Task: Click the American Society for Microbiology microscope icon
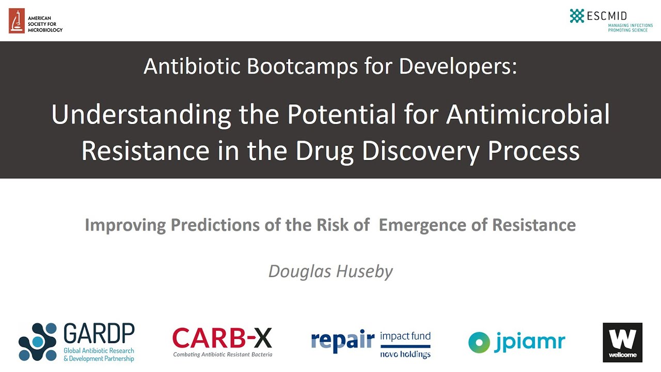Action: (x=17, y=21)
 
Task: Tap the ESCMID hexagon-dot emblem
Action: (x=577, y=16)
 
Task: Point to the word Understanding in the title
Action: (x=141, y=115)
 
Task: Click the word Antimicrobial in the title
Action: (x=528, y=115)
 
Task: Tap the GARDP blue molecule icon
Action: (x=38, y=342)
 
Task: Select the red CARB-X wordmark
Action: (x=222, y=338)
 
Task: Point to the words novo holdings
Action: (x=405, y=354)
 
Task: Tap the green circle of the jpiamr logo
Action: (x=479, y=342)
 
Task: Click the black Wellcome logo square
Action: (x=622, y=343)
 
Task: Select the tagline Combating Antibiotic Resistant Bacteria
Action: (x=223, y=354)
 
